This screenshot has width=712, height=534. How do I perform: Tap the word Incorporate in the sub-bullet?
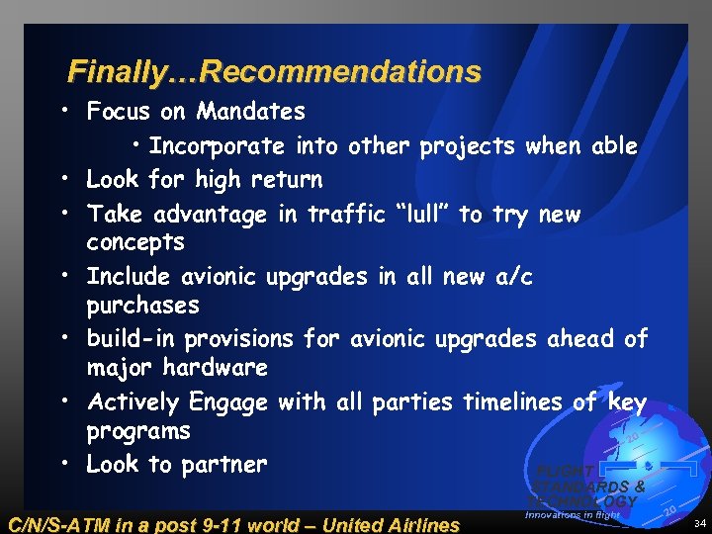(217, 146)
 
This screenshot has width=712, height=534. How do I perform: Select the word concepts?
(135, 242)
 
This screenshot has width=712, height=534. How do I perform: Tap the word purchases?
(142, 306)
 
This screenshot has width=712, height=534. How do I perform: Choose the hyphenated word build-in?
(133, 339)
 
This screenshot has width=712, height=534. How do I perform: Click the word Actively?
(133, 402)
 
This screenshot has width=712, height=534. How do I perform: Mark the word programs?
(138, 432)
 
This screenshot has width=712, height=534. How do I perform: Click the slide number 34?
(697, 522)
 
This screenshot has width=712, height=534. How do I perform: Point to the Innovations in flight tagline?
(573, 515)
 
